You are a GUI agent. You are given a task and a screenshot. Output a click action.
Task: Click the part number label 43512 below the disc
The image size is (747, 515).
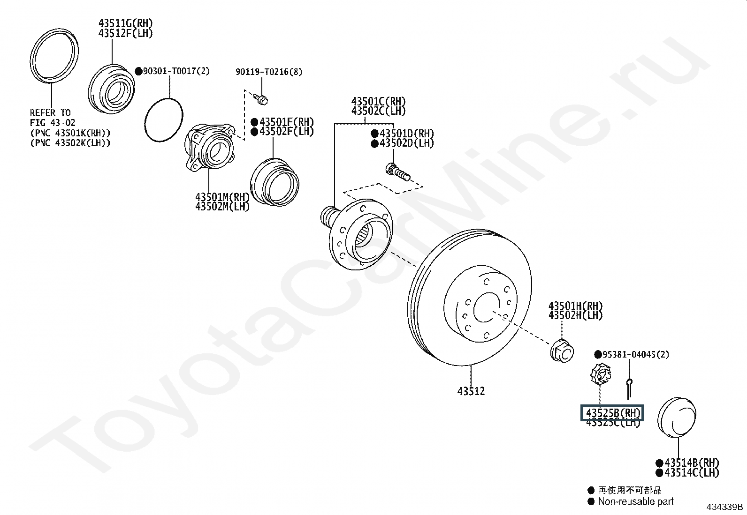(x=471, y=391)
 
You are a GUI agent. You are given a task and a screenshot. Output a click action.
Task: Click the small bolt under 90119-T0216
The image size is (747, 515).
(x=260, y=99)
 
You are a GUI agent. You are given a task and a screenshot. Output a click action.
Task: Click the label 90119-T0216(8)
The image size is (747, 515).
(x=269, y=72)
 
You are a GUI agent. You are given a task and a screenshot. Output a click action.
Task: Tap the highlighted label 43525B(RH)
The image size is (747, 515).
(x=613, y=413)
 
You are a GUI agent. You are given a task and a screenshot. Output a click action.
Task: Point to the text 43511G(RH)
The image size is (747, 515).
(x=125, y=23)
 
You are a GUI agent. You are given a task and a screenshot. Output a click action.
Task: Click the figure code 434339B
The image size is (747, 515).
(x=725, y=507)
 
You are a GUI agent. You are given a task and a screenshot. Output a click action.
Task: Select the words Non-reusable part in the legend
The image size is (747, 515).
(x=635, y=501)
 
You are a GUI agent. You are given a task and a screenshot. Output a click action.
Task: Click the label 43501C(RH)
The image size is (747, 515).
(x=378, y=101)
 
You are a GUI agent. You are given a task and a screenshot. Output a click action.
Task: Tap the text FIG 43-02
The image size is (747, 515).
(x=53, y=123)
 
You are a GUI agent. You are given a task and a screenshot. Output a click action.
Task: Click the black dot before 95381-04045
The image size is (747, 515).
(x=598, y=354)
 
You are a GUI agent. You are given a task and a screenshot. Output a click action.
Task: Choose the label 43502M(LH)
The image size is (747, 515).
(x=222, y=206)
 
